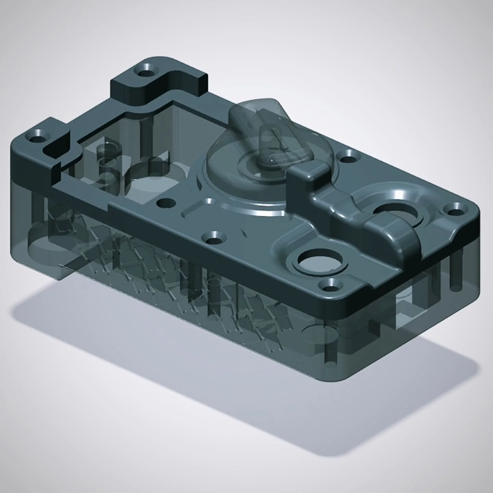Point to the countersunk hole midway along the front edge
coord(215,237)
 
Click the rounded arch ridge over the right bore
coord(394,236)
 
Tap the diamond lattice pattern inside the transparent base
coord(171,274)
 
